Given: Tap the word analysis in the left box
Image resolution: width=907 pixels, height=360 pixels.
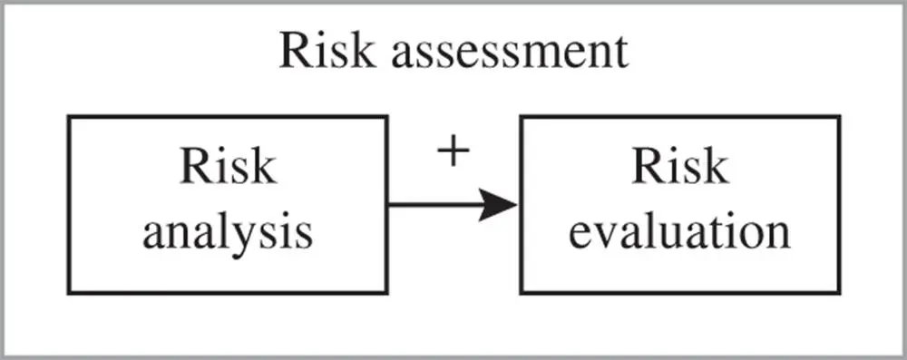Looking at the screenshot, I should click(x=228, y=233).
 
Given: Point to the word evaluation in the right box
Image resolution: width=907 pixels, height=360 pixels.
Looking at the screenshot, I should click(x=678, y=233).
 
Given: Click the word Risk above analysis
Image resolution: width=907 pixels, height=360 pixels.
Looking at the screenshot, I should click(x=228, y=168).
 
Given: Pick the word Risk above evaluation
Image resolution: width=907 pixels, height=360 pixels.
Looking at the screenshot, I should click(x=679, y=168).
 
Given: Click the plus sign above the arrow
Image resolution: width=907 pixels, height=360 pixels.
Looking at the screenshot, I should click(x=453, y=153).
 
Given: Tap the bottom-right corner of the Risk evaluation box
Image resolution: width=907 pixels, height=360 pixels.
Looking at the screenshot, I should click(x=837, y=292).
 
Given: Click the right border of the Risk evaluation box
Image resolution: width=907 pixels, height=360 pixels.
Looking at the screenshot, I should click(x=837, y=204).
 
